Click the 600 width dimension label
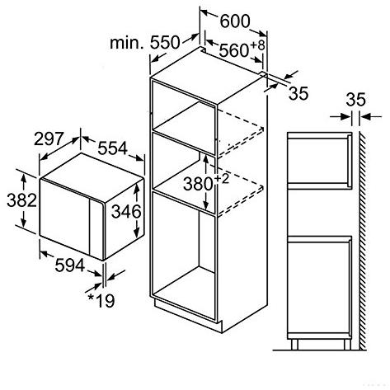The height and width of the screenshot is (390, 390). [x=235, y=21]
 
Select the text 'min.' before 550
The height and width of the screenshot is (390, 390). [x=127, y=43]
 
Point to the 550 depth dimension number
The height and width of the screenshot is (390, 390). [x=165, y=42]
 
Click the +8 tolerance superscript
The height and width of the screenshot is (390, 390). [x=257, y=45]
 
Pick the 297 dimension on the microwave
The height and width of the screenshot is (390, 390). [x=49, y=139]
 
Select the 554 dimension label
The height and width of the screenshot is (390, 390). [x=113, y=148]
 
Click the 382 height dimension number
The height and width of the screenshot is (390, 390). [x=21, y=200]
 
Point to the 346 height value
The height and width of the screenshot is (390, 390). [x=126, y=211]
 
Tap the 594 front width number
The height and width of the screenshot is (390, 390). [x=70, y=265]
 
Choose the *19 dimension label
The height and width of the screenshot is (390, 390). [x=101, y=300]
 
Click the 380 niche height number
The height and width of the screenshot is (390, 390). [x=198, y=184]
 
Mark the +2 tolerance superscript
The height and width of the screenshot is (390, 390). [x=222, y=179]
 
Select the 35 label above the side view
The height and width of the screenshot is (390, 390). [x=356, y=100]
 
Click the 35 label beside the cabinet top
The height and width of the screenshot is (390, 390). [x=298, y=93]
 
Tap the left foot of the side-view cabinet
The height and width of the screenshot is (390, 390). [x=294, y=345]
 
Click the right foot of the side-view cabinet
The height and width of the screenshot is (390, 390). [x=347, y=345]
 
